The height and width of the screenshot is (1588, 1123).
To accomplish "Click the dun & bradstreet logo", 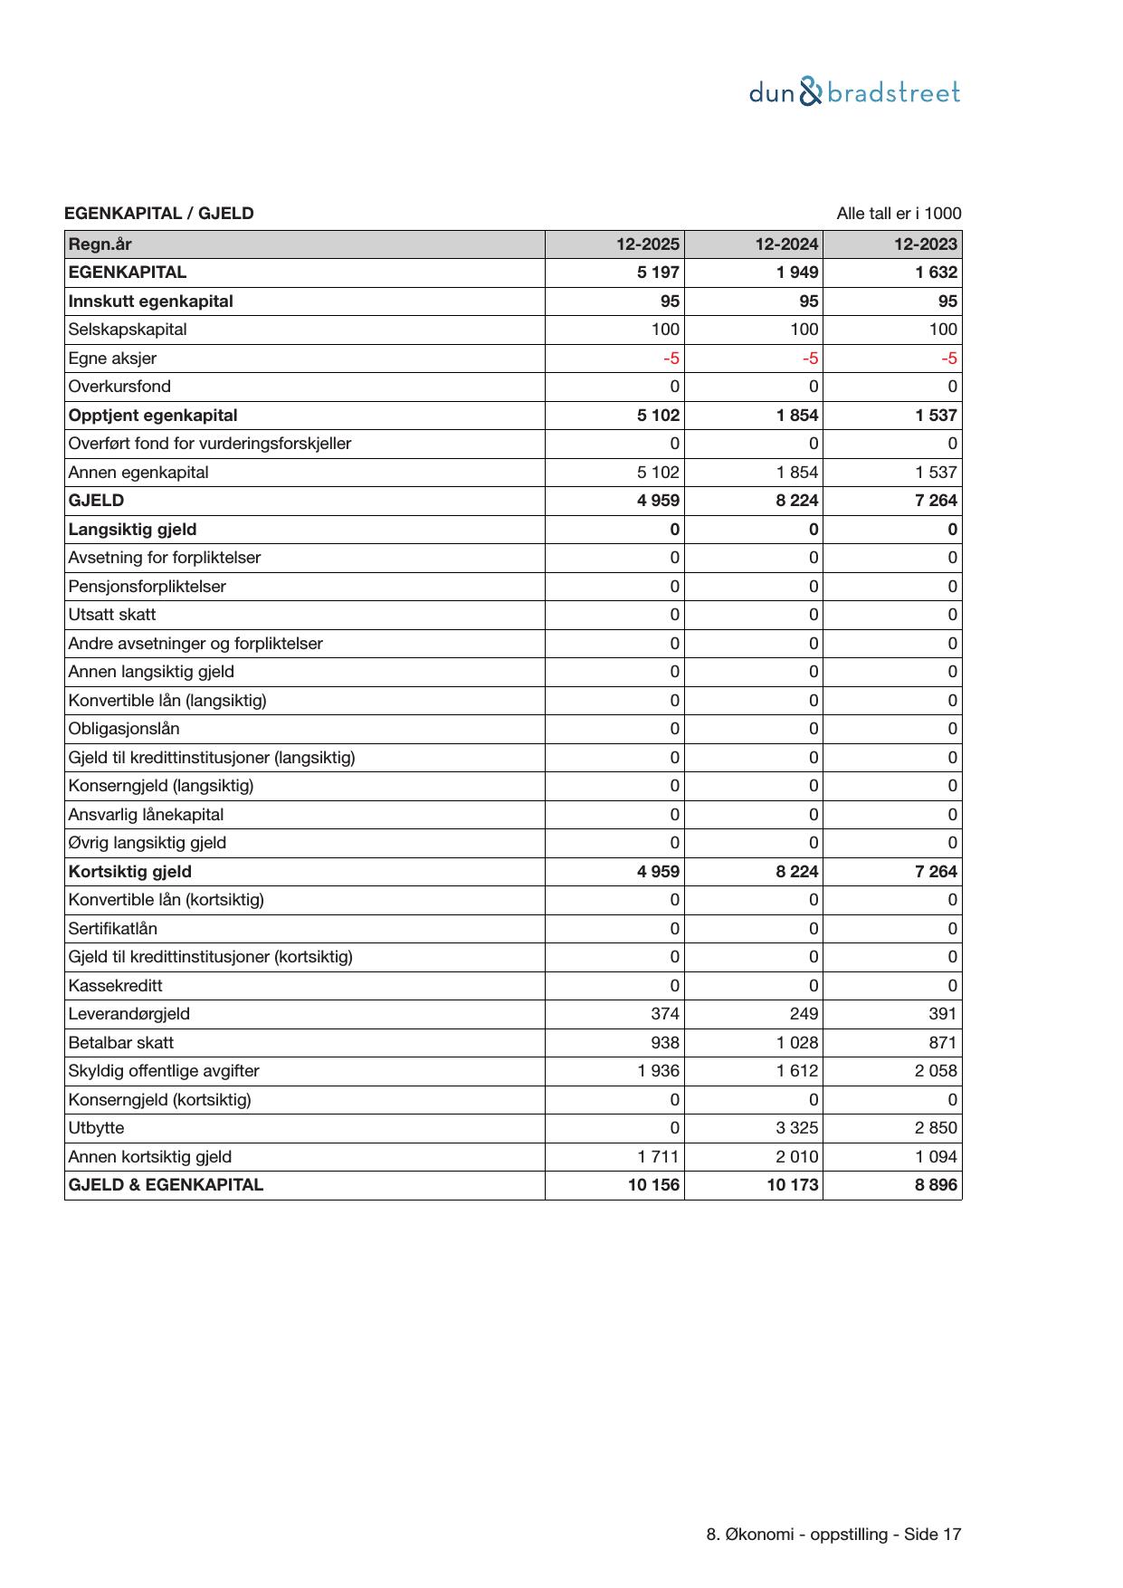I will (x=854, y=93).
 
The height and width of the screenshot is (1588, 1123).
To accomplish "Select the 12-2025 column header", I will (x=647, y=244).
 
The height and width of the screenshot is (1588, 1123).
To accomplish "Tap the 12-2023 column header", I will (x=925, y=244).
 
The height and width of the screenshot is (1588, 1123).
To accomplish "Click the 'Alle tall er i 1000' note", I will (x=898, y=214).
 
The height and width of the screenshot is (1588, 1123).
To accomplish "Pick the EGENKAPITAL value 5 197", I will (x=658, y=273).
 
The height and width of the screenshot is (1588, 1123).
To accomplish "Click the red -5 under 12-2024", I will (x=810, y=359).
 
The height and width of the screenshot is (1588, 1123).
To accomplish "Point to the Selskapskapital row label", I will (x=128, y=330).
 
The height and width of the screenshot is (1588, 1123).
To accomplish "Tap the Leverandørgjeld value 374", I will (x=664, y=1014).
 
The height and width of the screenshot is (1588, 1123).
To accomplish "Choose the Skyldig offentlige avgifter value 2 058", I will (x=936, y=1071).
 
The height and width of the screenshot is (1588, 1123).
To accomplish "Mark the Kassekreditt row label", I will (x=116, y=986).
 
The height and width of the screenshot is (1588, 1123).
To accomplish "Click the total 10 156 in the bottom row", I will (x=653, y=1185).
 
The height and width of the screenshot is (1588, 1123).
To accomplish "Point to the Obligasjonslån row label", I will (x=124, y=729).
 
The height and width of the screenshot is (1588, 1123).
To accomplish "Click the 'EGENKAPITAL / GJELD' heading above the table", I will (x=159, y=214).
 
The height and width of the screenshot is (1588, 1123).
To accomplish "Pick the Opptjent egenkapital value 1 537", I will (x=936, y=416).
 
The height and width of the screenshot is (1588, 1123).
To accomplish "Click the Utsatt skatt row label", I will (x=112, y=615).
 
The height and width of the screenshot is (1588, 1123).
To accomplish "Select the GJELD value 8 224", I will (x=796, y=501).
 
